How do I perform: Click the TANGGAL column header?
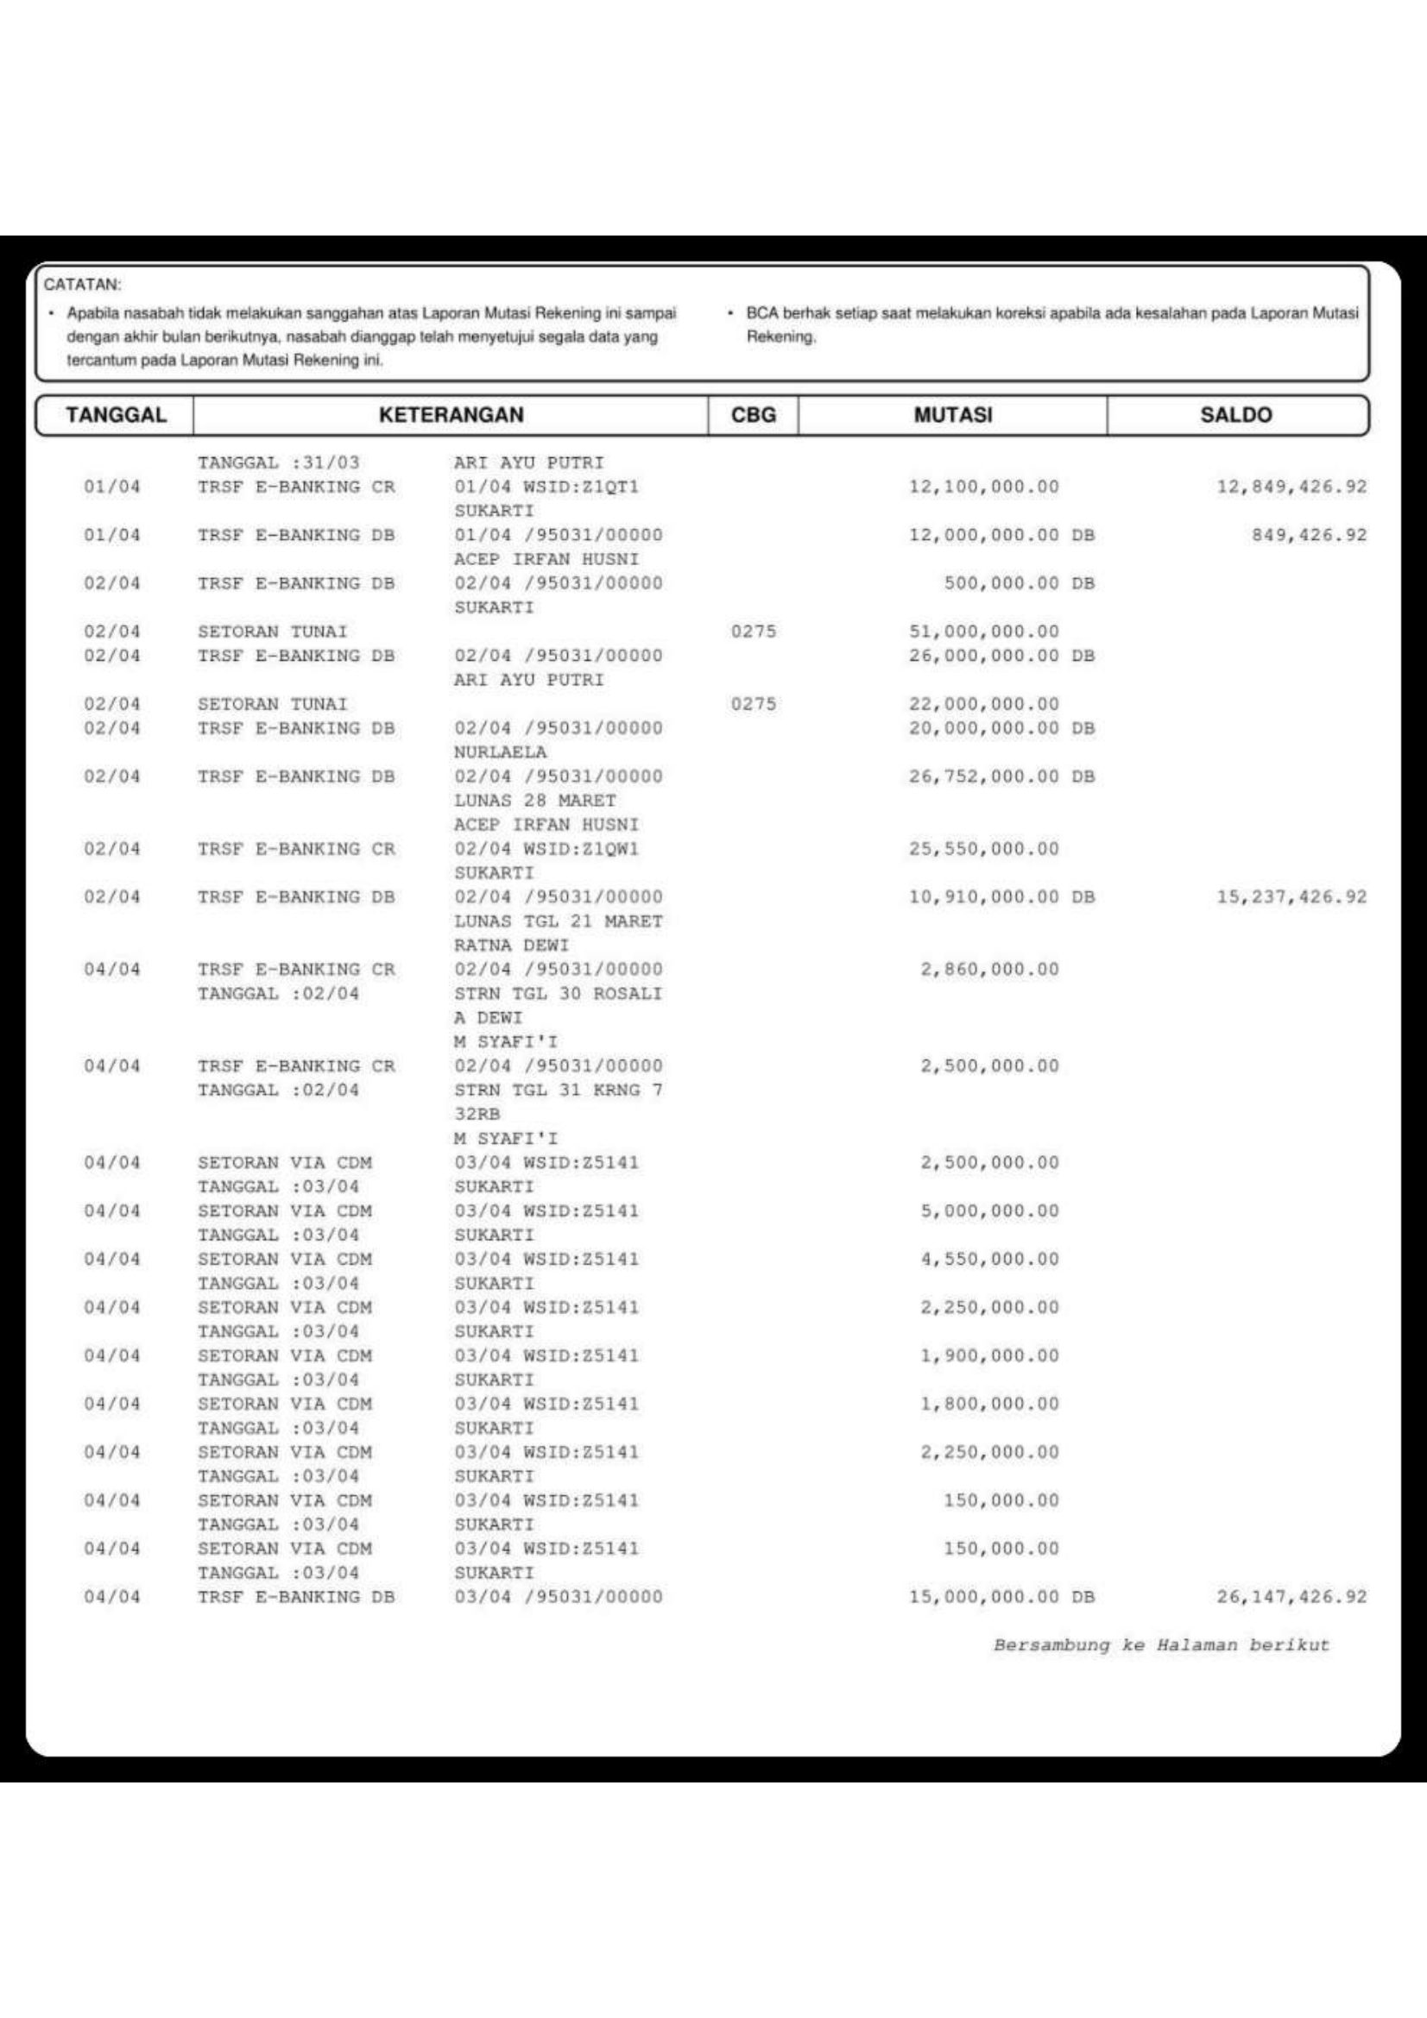[x=115, y=415]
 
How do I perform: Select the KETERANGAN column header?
[x=451, y=415]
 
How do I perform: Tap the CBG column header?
[x=754, y=415]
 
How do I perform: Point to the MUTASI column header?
[x=952, y=415]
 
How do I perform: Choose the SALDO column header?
[x=1235, y=415]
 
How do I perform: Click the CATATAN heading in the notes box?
[x=83, y=285]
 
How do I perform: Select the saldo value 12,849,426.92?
[x=1291, y=487]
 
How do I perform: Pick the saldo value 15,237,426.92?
[x=1291, y=897]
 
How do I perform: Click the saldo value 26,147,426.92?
[x=1291, y=1597]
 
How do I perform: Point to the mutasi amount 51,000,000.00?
[x=984, y=632]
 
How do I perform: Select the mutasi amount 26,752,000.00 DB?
[x=1001, y=777]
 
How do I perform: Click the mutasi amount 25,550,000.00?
[x=984, y=849]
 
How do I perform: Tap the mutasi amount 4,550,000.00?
[x=989, y=1260]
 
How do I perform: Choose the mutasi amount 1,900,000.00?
[x=989, y=1356]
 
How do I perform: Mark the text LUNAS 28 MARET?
[x=534, y=801]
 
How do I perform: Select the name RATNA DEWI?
[x=512, y=946]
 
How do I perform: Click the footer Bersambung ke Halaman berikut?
[x=1160, y=1645]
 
